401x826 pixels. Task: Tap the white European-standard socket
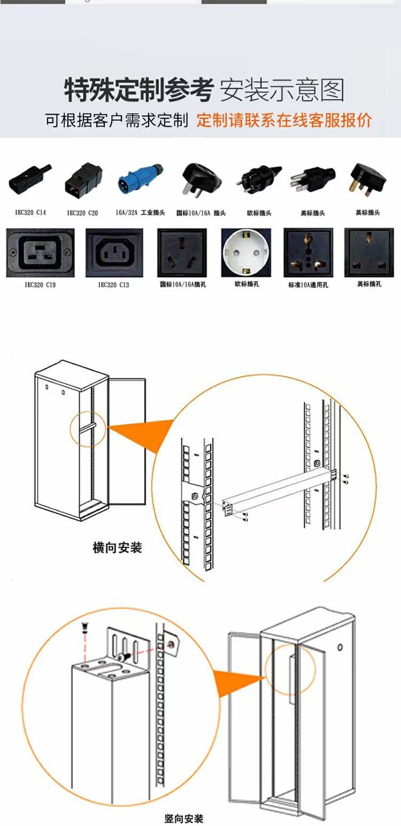[246, 253]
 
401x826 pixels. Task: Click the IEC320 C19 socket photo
[40, 253]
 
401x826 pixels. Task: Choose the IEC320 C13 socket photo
[114, 253]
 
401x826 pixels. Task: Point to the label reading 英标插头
[368, 213]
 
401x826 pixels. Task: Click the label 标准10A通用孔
[308, 285]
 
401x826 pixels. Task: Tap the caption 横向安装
[118, 548]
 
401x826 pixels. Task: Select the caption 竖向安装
[183, 818]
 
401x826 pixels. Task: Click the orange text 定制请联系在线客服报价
[283, 120]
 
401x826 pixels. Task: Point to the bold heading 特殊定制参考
[139, 90]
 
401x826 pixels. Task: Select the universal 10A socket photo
[308, 253]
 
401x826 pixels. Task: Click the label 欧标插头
[259, 213]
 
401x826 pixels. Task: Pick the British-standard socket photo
[369, 253]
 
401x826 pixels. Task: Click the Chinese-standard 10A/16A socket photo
[182, 253]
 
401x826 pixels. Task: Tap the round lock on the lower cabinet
[340, 648]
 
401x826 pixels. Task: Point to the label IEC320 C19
[40, 285]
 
